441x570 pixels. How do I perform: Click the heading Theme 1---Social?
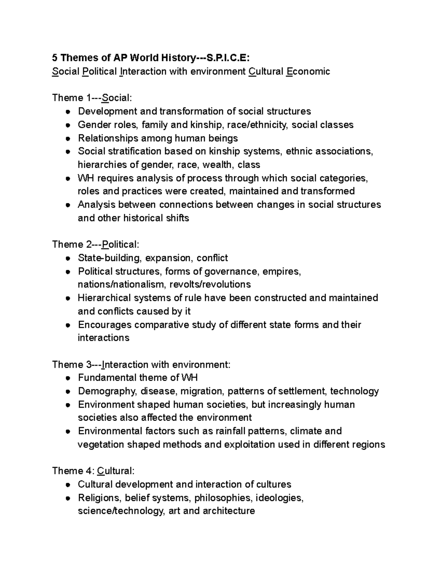92,98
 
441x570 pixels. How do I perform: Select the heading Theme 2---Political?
96,245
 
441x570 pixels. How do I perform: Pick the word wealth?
217,165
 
